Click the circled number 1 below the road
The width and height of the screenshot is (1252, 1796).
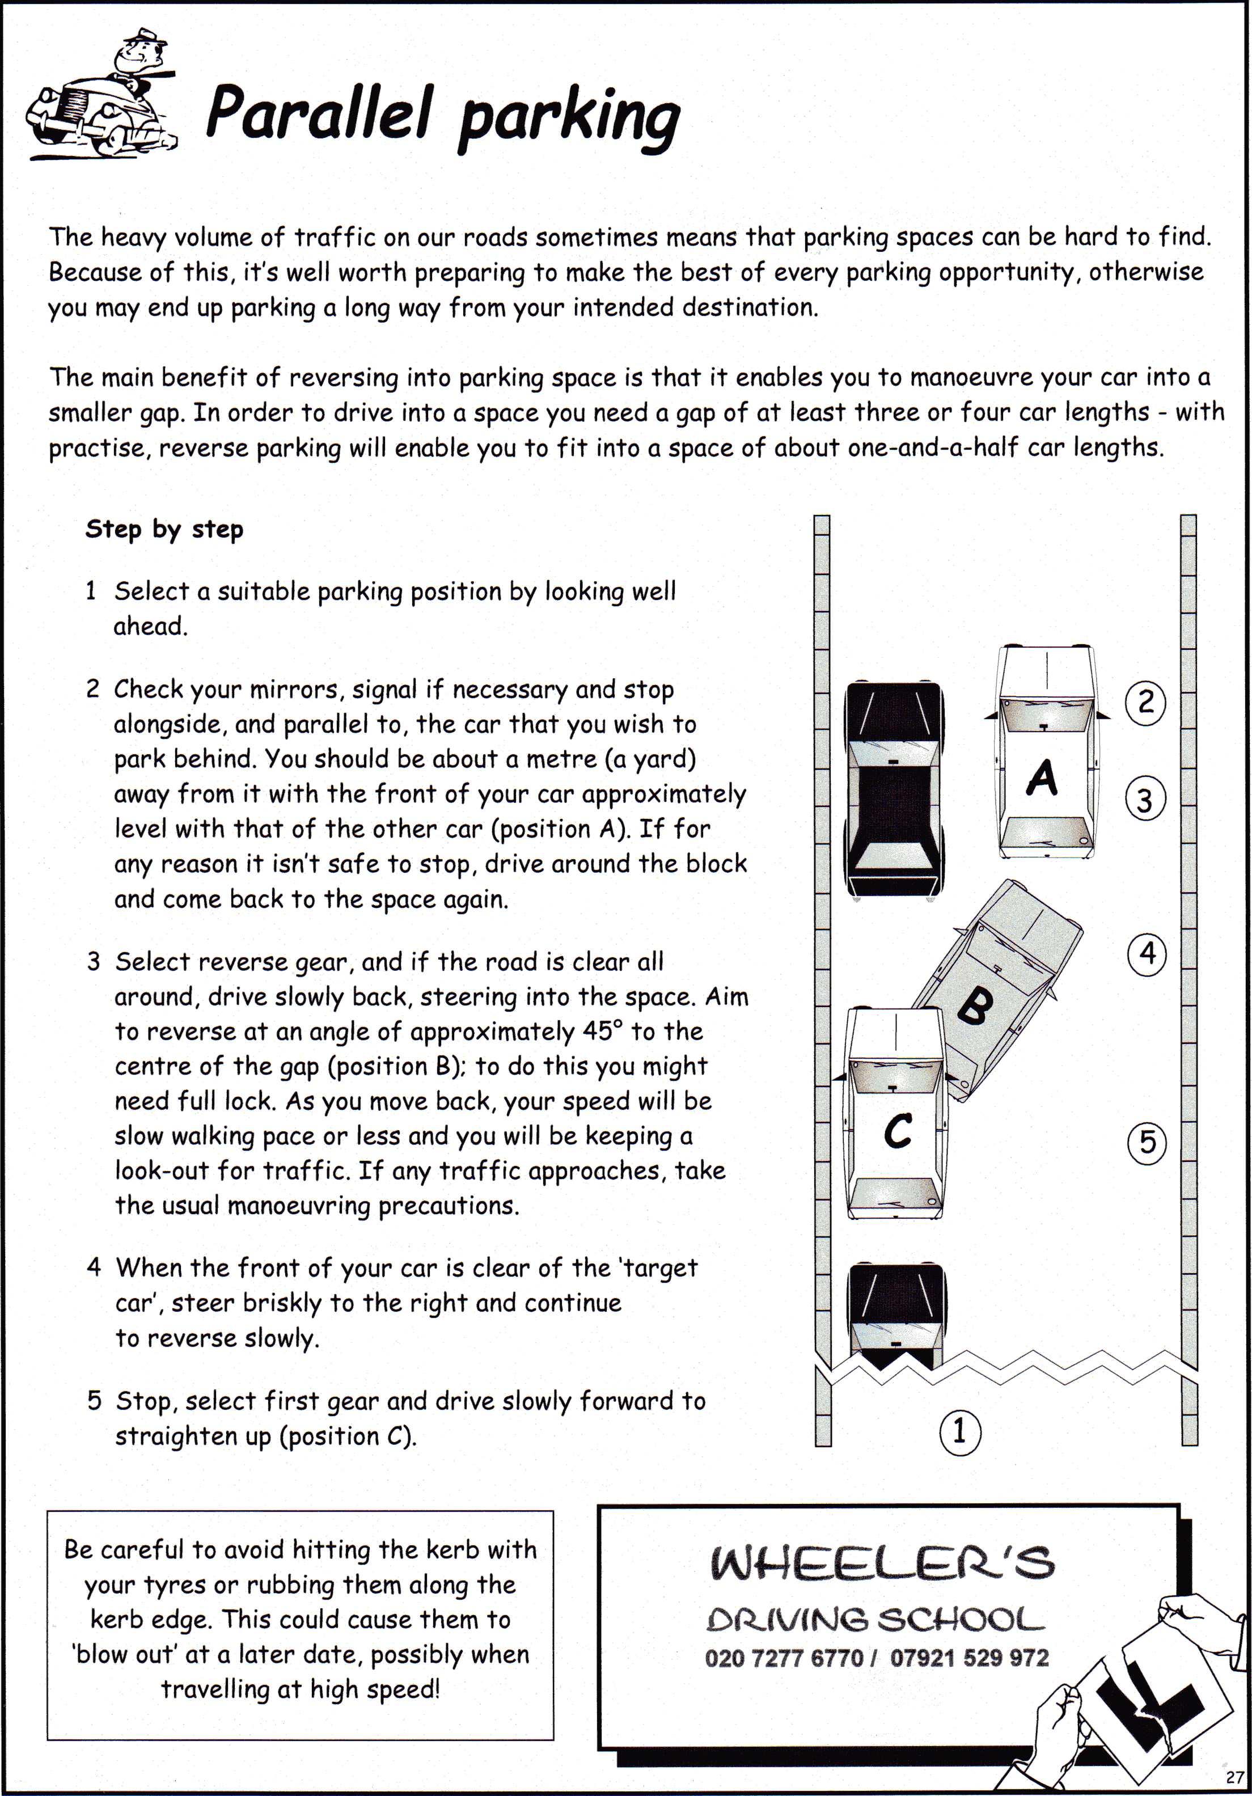(959, 1430)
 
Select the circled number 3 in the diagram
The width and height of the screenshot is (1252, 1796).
(1145, 800)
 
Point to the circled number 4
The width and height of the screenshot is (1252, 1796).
(1147, 953)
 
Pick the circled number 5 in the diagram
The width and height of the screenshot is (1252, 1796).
(1147, 1142)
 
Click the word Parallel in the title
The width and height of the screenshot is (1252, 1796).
(318, 114)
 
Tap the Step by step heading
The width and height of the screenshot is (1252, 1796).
(164, 530)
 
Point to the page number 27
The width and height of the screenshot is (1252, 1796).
(1234, 1777)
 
